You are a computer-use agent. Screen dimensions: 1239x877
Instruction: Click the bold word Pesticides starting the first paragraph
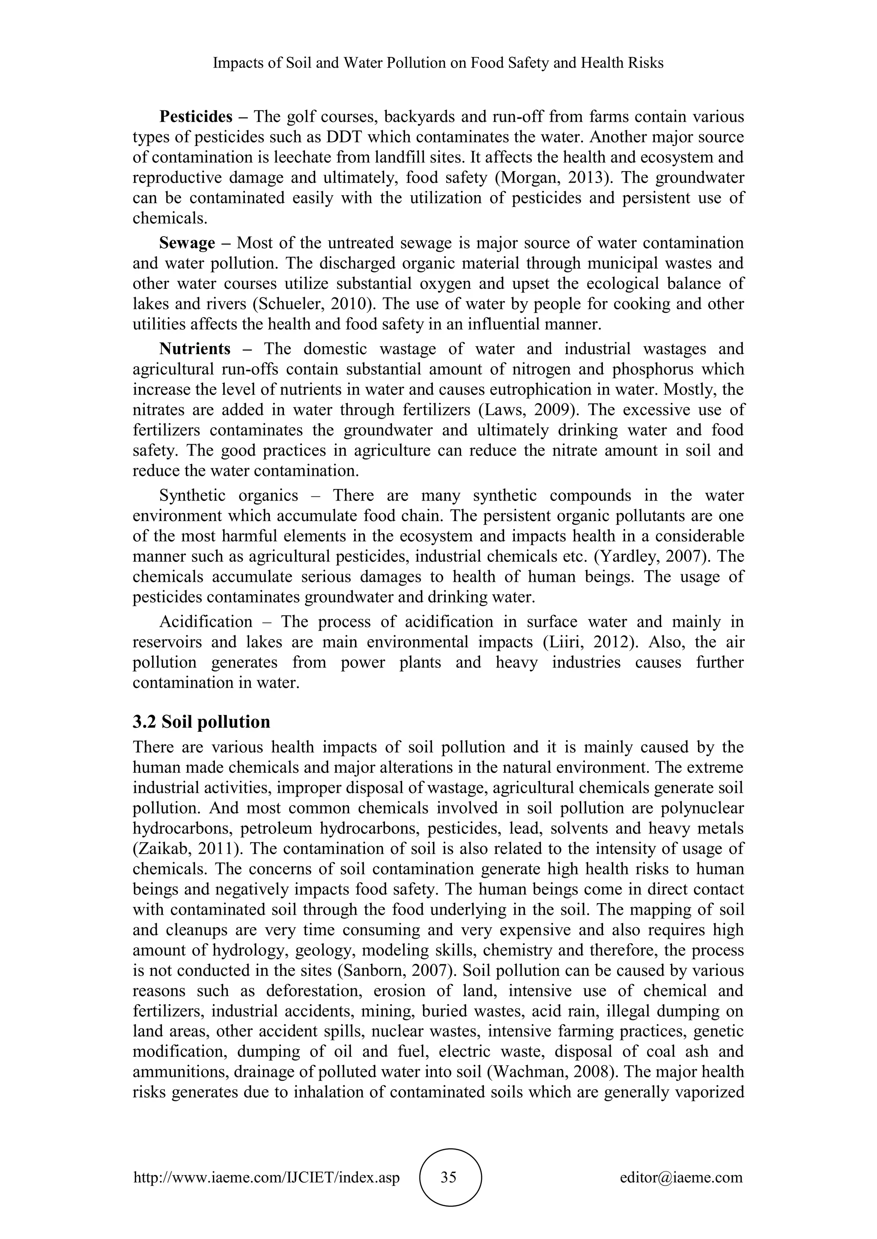click(x=196, y=116)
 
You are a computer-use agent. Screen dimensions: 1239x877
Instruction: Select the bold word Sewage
click(x=187, y=243)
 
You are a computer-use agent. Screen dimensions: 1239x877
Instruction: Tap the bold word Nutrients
click(x=194, y=349)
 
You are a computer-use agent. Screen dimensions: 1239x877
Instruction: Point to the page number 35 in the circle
click(x=449, y=1177)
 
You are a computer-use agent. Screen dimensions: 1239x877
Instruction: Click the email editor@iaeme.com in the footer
click(x=681, y=1177)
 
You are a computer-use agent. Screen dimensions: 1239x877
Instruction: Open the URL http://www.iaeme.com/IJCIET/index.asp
click(x=266, y=1177)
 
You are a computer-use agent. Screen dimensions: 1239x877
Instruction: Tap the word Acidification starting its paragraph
click(x=206, y=622)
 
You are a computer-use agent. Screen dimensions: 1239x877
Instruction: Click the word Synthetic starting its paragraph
click(x=192, y=495)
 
